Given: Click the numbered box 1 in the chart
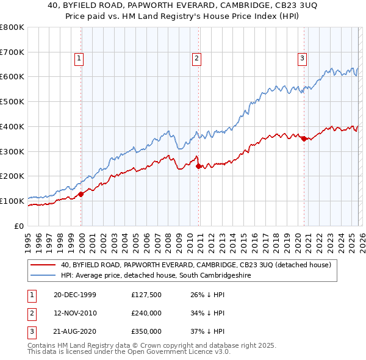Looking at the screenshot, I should click(x=79, y=59).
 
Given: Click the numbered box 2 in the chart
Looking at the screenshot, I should click(x=197, y=59).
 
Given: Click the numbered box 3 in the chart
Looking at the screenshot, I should click(x=302, y=59).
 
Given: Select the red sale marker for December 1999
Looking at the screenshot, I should click(x=81, y=194).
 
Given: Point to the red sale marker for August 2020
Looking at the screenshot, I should click(x=304, y=139).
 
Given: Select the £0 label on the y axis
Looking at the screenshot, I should click(x=20, y=226).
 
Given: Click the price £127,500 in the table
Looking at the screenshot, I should click(x=145, y=295).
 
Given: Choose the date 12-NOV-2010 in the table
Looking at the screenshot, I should click(x=75, y=313).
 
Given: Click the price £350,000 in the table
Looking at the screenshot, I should click(x=145, y=331).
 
